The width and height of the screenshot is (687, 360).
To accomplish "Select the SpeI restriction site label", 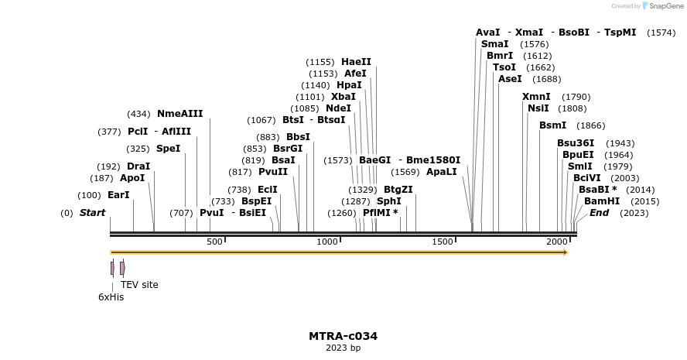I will point(168,149).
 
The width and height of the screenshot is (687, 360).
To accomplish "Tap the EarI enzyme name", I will point(118,195).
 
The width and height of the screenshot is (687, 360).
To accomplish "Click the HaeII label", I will point(356,62).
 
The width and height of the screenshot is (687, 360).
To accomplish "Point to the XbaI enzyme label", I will point(343,97).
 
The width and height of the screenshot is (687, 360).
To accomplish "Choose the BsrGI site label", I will point(288,149).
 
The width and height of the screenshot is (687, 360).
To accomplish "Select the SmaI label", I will point(495,44).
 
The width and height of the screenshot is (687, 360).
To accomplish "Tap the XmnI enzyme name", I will point(536,97).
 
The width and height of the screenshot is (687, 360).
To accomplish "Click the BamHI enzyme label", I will point(602,201).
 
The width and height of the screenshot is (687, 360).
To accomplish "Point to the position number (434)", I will point(138,114).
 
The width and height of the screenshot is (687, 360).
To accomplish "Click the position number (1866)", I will point(591,125).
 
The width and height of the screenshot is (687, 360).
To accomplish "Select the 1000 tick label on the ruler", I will point(327,242).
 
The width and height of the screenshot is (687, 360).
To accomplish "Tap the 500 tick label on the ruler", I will point(214,242).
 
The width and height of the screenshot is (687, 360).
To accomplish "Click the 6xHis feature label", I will point(111,297).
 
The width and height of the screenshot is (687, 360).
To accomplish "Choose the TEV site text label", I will point(139,285).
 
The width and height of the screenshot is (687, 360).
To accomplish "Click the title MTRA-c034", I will point(343,336).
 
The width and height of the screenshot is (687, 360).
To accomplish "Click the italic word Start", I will point(92,213).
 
